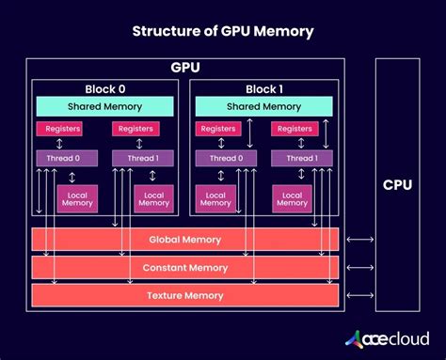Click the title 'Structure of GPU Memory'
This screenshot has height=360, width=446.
point(223,32)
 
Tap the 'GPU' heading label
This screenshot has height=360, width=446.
point(184,69)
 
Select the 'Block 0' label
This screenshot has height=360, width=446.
point(104,89)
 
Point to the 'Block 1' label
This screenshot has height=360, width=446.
point(264,89)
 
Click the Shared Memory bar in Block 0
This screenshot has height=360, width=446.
point(104,107)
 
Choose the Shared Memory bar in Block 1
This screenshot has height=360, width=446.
point(264,107)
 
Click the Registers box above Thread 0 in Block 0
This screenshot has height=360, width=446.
point(59,129)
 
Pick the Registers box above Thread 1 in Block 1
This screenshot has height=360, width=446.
point(296,129)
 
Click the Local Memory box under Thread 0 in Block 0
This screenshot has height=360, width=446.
point(78,197)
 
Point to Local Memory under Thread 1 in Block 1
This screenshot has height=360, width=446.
point(293,197)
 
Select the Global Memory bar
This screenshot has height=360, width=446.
point(184,240)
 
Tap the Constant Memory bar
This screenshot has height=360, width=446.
point(184,268)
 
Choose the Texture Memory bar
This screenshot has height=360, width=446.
point(184,295)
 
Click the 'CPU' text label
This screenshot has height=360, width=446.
point(397,184)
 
